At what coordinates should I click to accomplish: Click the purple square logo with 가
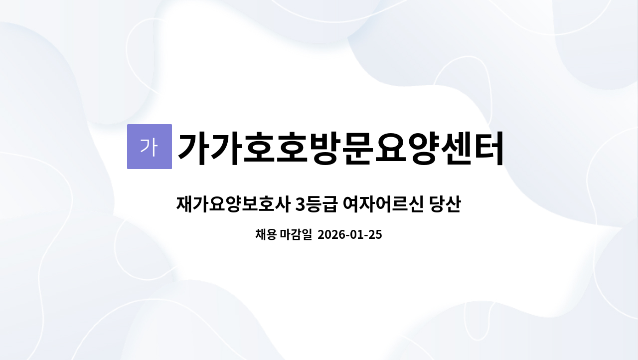(149, 147)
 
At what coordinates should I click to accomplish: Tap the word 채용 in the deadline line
(266, 234)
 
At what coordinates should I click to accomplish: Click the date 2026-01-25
(349, 234)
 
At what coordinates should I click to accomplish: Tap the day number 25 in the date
(376, 234)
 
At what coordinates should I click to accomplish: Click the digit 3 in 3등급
(300, 204)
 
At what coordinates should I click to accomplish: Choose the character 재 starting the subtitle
(185, 204)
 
